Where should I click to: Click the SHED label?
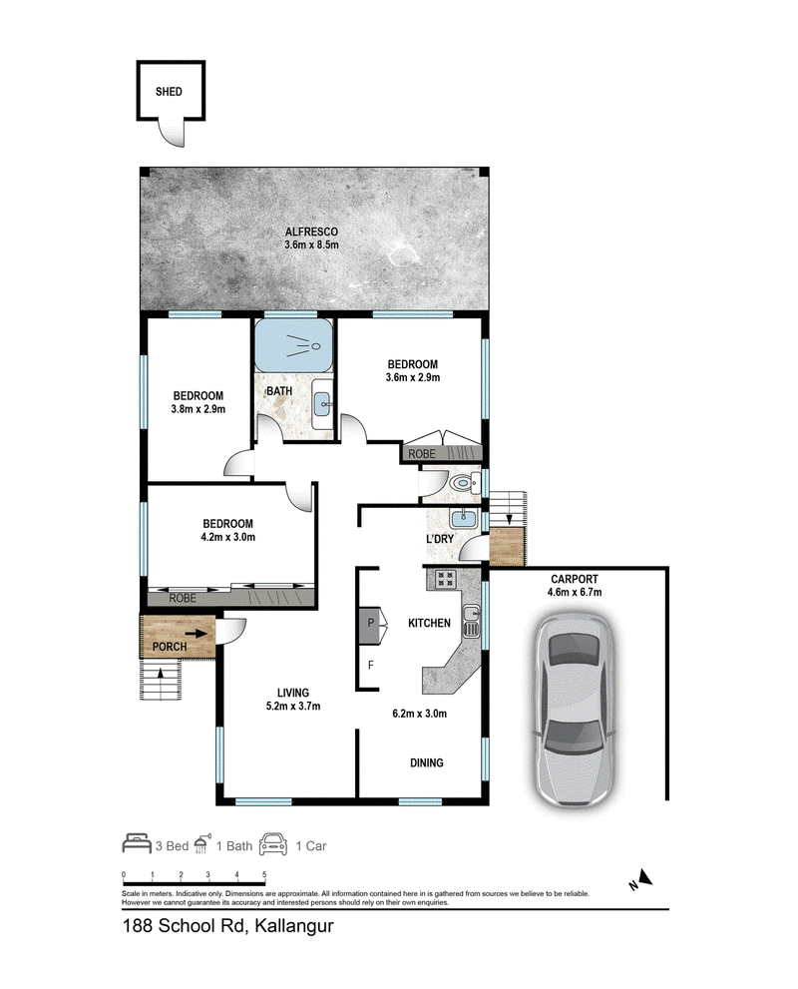click(169, 92)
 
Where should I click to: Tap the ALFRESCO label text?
click(311, 232)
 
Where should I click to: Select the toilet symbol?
click(467, 484)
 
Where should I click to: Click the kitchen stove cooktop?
click(445, 579)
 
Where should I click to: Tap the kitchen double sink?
click(472, 621)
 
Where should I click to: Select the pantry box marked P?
click(371, 626)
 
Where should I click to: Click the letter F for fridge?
click(371, 665)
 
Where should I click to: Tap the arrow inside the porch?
click(196, 634)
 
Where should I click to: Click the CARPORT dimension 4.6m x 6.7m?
click(575, 592)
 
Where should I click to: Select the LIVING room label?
click(293, 693)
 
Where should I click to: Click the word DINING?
click(427, 762)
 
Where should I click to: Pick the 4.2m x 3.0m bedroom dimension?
click(228, 537)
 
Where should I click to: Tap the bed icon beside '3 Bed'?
click(137, 843)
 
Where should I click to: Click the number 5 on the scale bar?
click(264, 875)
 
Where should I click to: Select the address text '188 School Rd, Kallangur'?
click(227, 926)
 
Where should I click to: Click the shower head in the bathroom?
click(305, 344)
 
